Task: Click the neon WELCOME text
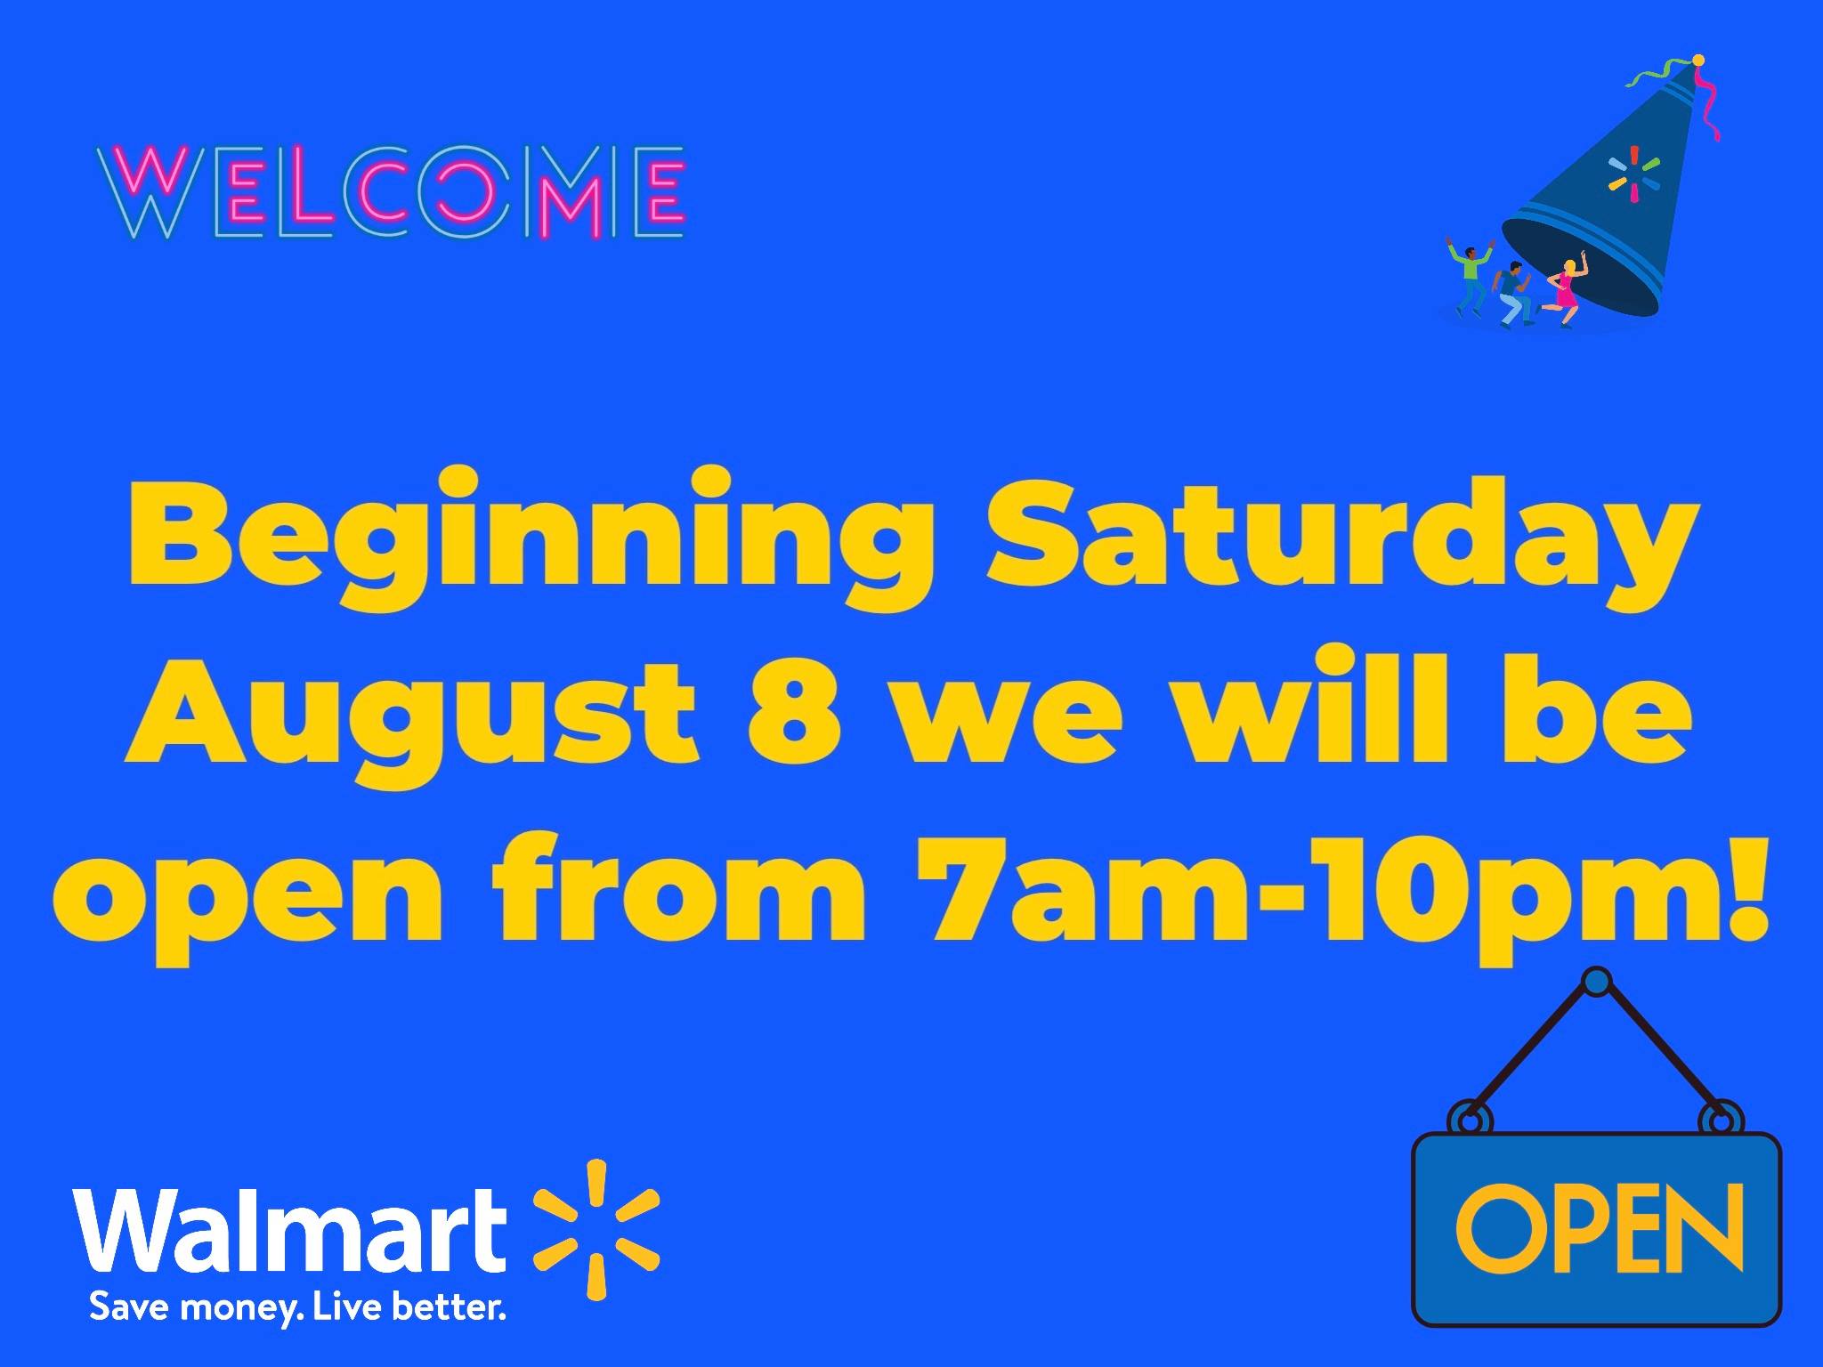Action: [392, 193]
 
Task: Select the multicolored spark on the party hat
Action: [1633, 174]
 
